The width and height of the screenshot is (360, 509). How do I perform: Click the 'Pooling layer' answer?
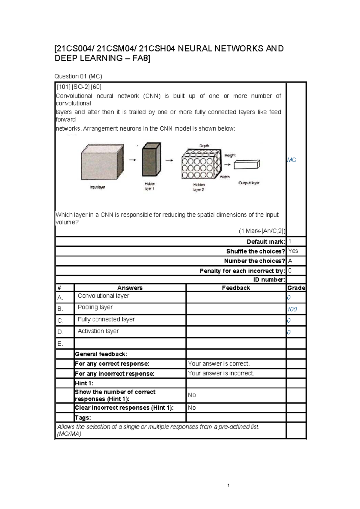[x=95, y=307]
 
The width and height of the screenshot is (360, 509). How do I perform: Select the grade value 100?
[x=292, y=309]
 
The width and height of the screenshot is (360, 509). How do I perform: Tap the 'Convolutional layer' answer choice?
[x=103, y=296]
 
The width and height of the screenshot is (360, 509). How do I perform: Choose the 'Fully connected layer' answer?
[x=106, y=319]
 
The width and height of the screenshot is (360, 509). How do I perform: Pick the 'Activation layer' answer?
[x=98, y=331]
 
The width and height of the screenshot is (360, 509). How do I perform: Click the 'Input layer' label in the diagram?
[x=97, y=187]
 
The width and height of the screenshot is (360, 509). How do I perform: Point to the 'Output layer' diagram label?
[x=249, y=183]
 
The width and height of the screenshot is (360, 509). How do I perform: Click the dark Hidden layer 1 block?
[x=151, y=160]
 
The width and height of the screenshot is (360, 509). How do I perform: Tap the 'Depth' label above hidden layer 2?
[x=204, y=146]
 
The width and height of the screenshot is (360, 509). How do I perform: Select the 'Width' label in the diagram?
[x=224, y=177]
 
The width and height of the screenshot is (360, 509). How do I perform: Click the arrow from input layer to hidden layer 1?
[x=132, y=160]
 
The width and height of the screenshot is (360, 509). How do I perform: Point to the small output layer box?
[x=247, y=164]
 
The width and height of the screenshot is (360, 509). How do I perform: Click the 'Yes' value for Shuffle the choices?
[x=293, y=251]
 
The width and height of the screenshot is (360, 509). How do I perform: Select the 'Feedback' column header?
[x=236, y=288]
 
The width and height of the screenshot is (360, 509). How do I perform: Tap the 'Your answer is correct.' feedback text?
[x=219, y=364]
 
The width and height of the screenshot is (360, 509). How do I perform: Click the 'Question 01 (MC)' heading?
[x=78, y=76]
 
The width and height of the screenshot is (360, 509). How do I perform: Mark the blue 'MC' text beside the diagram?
[x=291, y=160]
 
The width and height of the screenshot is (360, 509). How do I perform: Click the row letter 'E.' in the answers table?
[x=60, y=344]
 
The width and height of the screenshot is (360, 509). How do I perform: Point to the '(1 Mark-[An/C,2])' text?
[x=262, y=231]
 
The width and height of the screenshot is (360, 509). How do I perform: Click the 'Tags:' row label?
[x=83, y=417]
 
